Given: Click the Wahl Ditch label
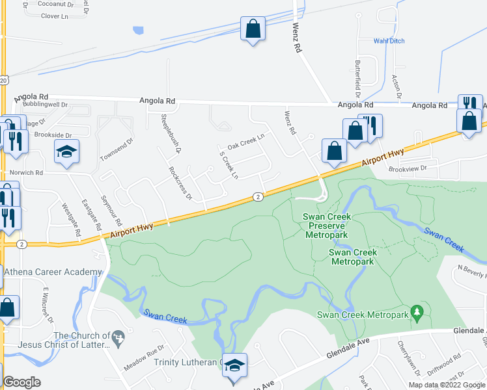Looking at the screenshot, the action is coord(389,41).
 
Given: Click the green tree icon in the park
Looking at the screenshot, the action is coord(417,314).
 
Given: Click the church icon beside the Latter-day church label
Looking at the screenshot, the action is coord(118,337).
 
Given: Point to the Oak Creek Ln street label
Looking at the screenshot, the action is coord(246,140).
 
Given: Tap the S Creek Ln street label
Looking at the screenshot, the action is coord(229,166).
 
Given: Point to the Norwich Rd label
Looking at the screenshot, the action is coord(26,173).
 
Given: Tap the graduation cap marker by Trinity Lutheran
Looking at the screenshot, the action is coord(234,367).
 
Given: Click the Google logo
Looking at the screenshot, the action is coord(21,382).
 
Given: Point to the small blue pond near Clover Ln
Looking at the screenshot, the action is coord(138,30).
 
